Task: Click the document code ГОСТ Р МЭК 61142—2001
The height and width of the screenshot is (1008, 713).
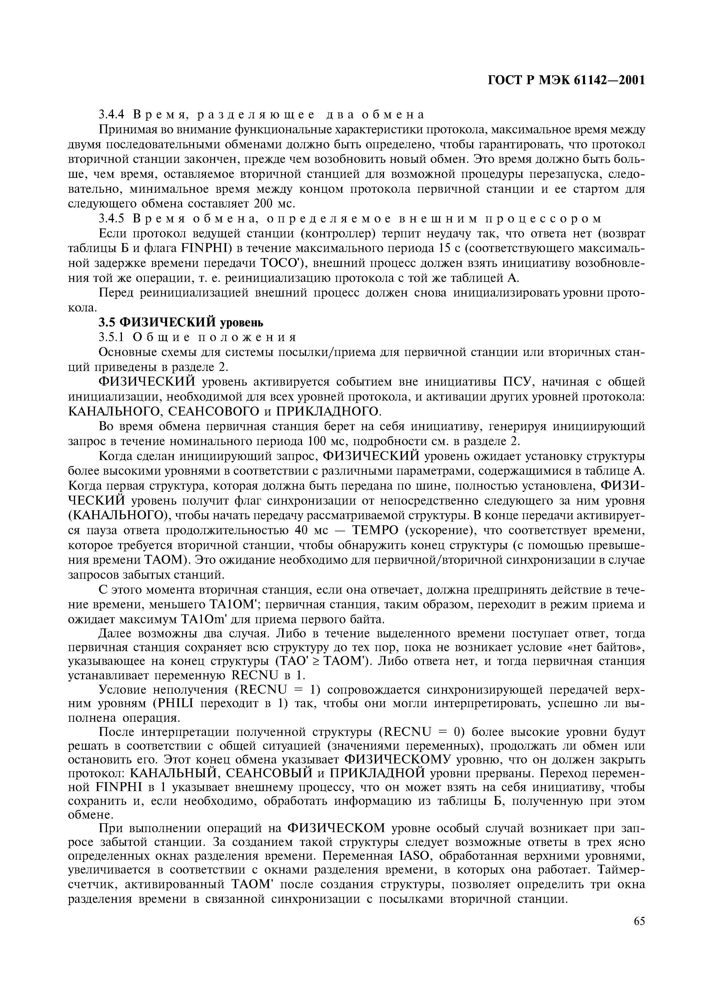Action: [567, 80]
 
